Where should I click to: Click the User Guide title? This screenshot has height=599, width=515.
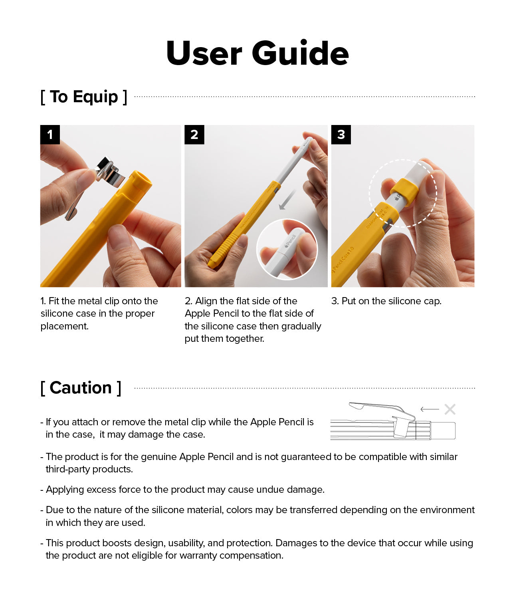[257, 53]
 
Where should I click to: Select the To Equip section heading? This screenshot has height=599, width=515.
[84, 97]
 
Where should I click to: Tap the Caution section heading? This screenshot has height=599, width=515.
[81, 388]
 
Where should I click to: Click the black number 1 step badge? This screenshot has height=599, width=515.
[50, 135]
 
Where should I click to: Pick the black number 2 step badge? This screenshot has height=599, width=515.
[194, 135]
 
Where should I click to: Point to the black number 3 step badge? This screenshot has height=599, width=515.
[341, 135]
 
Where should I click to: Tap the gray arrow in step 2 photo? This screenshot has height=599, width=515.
[287, 200]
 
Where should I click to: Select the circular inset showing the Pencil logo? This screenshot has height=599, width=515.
[287, 249]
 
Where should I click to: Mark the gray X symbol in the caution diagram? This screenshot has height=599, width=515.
[450, 409]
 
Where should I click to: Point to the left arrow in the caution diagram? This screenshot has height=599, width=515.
[430, 409]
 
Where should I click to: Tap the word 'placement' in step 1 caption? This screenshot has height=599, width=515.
[64, 326]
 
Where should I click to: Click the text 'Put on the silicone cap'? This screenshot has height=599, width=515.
[386, 301]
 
